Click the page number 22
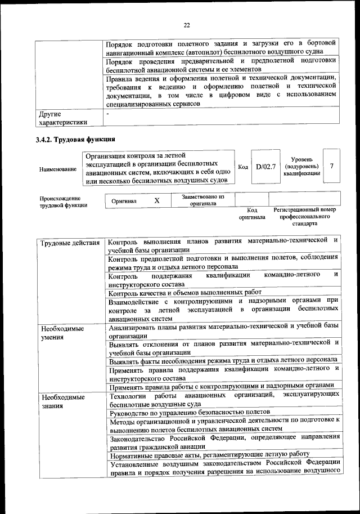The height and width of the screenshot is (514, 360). tap(187, 25)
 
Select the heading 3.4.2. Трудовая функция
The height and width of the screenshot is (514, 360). tap(75, 140)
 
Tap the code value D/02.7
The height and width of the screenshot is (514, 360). tap(265, 167)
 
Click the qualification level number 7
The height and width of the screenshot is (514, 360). tap(332, 166)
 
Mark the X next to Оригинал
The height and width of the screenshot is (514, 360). tap(157, 200)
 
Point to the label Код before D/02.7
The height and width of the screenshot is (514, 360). tap(243, 167)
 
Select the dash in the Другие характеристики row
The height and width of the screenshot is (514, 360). tap(109, 115)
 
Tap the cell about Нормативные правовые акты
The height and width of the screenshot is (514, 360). tap(210, 454)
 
